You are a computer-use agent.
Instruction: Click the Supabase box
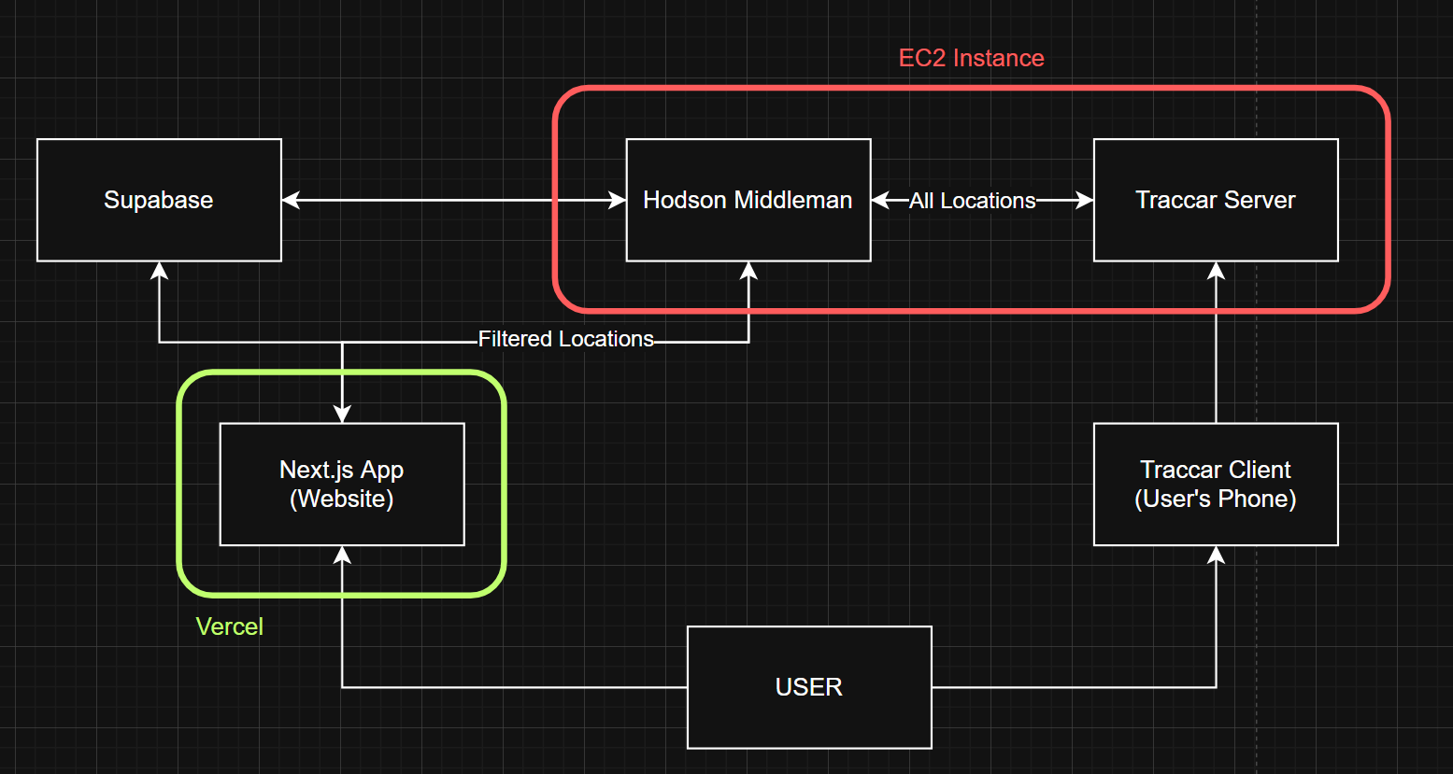pyautogui.click(x=159, y=200)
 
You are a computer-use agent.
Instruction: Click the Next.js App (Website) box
pyautogui.click(x=342, y=485)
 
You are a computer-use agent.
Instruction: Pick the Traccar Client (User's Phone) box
pyautogui.click(x=1215, y=485)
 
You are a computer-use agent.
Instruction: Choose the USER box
pyautogui.click(x=809, y=687)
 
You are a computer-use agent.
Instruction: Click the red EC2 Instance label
pyautogui.click(x=971, y=58)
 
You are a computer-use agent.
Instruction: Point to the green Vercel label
pyautogui.click(x=229, y=626)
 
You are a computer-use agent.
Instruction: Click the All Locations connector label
pyautogui.click(x=972, y=201)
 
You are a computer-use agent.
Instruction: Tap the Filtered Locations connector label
pyautogui.click(x=565, y=339)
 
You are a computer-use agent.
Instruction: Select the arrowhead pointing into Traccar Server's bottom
pyautogui.click(x=1216, y=272)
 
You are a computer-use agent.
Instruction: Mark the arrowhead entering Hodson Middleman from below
pyautogui.click(x=748, y=272)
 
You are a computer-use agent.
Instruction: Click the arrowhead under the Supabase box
pyautogui.click(x=159, y=272)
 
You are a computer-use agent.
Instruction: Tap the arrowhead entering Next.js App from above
pyautogui.click(x=342, y=414)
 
